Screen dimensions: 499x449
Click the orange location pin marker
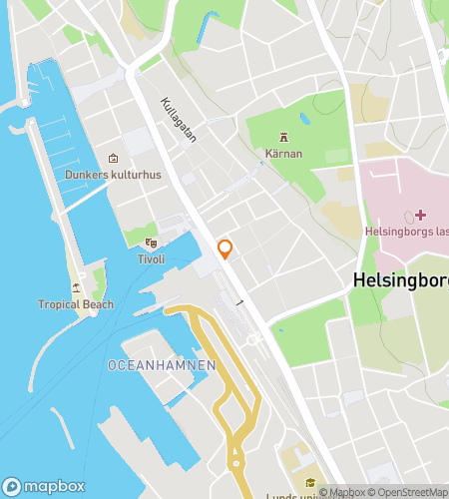(x=225, y=248)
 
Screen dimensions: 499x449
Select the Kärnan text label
(x=284, y=154)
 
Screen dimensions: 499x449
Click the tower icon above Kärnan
(x=284, y=137)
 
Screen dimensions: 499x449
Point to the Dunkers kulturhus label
(x=113, y=174)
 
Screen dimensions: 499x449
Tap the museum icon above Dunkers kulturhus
(x=113, y=158)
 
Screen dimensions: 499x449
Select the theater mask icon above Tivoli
(x=151, y=243)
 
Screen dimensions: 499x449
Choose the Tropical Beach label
(x=76, y=304)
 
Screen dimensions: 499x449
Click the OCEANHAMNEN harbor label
(x=162, y=366)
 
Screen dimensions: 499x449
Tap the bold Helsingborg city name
(x=400, y=281)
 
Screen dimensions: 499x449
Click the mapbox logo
(x=48, y=486)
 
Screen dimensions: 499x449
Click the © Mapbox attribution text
(x=341, y=491)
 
